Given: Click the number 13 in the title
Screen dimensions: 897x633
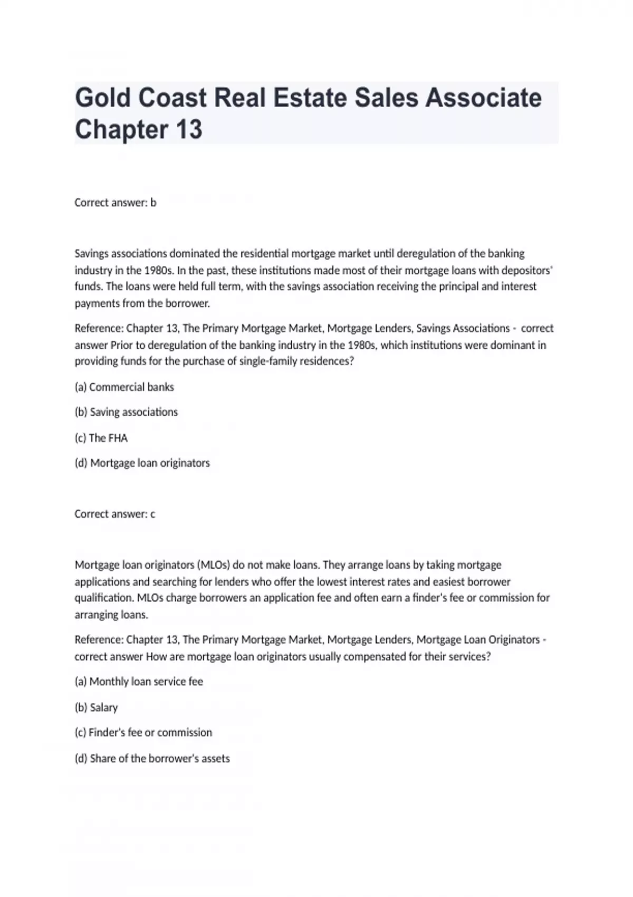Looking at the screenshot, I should pyautogui.click(x=187, y=129).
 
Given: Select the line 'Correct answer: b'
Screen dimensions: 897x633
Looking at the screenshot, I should pyautogui.click(x=116, y=203).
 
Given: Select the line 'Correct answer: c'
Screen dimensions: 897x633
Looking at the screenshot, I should pyautogui.click(x=115, y=514).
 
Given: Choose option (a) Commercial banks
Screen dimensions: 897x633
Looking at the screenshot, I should pyautogui.click(x=124, y=387).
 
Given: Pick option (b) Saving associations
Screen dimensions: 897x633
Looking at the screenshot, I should pyautogui.click(x=127, y=412).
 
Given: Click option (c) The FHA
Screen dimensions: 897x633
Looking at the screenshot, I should pyautogui.click(x=101, y=438).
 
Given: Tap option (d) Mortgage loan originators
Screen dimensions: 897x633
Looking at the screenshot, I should pyautogui.click(x=142, y=463).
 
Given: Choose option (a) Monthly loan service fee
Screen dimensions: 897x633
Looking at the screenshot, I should pyautogui.click(x=139, y=682).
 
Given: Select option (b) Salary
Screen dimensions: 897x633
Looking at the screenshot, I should pyautogui.click(x=97, y=708).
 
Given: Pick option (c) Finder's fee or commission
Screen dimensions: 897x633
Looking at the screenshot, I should pyautogui.click(x=143, y=733).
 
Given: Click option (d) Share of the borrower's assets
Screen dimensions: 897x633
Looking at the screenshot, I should pyautogui.click(x=152, y=759).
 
